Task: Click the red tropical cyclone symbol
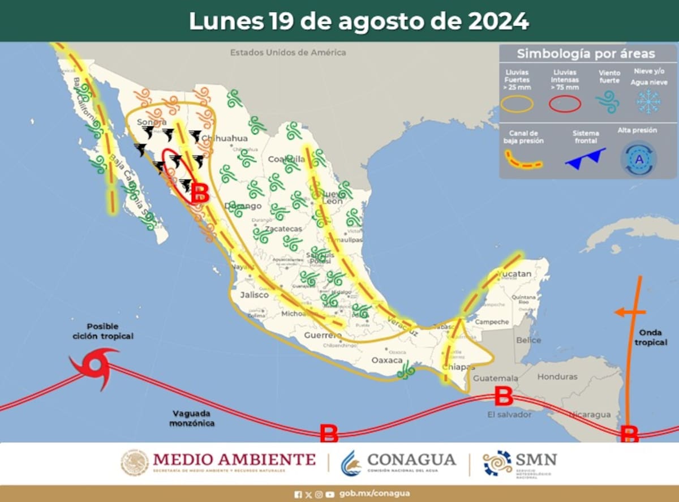pyautogui.click(x=93, y=367)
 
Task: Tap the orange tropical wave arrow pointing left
pyautogui.click(x=629, y=312)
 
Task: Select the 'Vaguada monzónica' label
pyautogui.click(x=192, y=418)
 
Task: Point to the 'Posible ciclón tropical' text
pyautogui.click(x=103, y=331)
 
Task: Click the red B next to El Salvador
pyautogui.click(x=503, y=396)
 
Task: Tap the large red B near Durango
pyautogui.click(x=200, y=194)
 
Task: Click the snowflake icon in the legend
pyautogui.click(x=648, y=101)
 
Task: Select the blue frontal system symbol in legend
pyautogui.click(x=585, y=157)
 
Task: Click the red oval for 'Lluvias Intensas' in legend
pyautogui.click(x=565, y=104)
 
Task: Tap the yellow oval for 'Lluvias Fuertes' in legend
pyautogui.click(x=517, y=104)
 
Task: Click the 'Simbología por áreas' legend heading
pyautogui.click(x=586, y=54)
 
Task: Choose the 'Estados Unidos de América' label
pyautogui.click(x=287, y=52)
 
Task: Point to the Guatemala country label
pyautogui.click(x=495, y=377)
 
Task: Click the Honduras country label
pyautogui.click(x=557, y=376)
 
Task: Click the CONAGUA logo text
pyautogui.click(x=411, y=460)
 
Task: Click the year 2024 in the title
pyautogui.click(x=498, y=21)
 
